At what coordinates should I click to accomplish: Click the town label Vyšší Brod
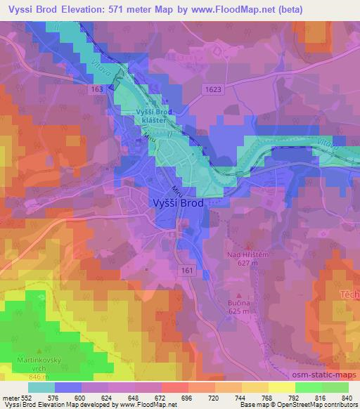pos(179,203)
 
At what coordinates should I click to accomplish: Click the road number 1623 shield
pos(214,89)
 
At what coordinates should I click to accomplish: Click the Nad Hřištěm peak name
pos(245,256)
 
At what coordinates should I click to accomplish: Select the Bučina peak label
pos(240,302)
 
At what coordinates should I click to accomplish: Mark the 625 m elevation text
pos(240,311)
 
